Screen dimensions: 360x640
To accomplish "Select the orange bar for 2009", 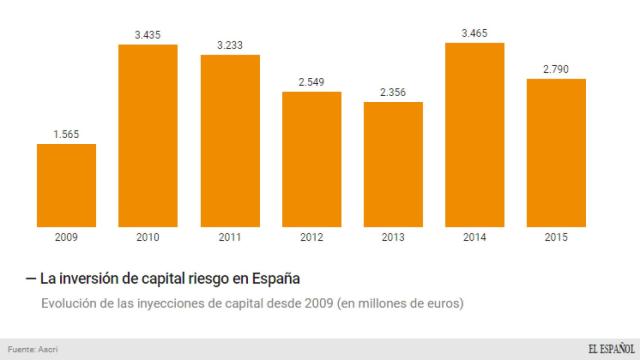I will [x=66, y=187].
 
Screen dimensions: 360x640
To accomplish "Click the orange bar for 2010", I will [x=148, y=137].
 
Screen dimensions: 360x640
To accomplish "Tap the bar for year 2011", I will [x=229, y=142].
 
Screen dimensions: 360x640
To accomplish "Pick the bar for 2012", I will [x=311, y=161].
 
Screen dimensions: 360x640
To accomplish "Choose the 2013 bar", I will [x=393, y=166].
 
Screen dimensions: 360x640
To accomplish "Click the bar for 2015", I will [x=556, y=155].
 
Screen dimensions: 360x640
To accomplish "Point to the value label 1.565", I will [x=66, y=132].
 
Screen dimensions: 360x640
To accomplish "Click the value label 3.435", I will [x=148, y=33].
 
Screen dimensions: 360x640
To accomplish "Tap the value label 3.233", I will [x=229, y=43].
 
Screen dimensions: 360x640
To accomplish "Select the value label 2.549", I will [x=311, y=80].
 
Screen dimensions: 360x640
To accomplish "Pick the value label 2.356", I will [x=393, y=90].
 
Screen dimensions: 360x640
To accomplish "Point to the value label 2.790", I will [x=556, y=67].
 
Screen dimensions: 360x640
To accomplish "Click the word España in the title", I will [x=274, y=277].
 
